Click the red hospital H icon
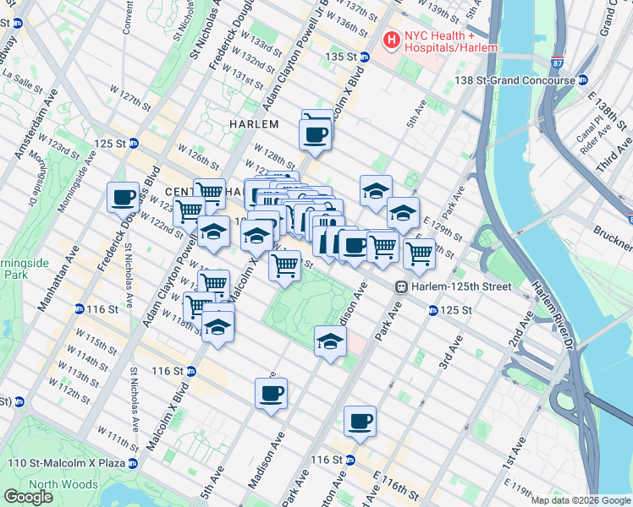pyautogui.click(x=392, y=39)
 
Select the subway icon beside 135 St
pyautogui.click(x=365, y=57)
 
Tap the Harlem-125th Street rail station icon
pyautogui.click(x=404, y=287)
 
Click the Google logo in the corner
pyautogui.click(x=28, y=498)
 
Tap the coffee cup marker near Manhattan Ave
pyautogui.click(x=123, y=198)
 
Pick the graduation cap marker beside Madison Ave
pyautogui.click(x=330, y=341)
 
